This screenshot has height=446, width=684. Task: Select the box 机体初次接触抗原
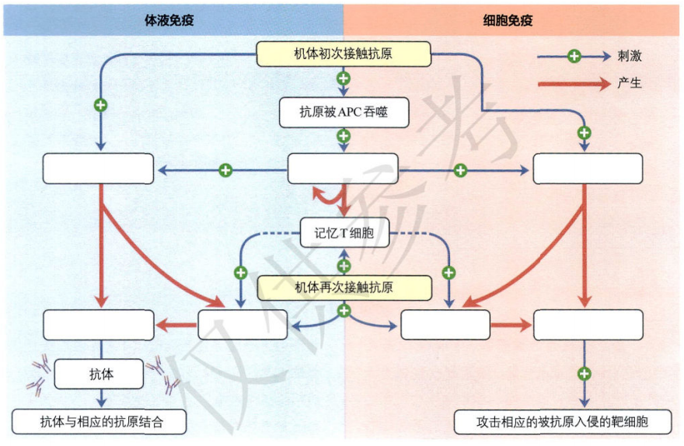click(343, 54)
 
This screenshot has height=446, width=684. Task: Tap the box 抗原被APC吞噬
click(343, 112)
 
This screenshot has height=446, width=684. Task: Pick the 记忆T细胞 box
click(343, 232)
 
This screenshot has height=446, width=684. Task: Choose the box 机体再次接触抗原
click(343, 287)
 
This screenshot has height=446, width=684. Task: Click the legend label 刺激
click(630, 57)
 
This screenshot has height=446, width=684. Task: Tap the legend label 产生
click(630, 83)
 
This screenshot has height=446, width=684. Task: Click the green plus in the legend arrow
click(574, 57)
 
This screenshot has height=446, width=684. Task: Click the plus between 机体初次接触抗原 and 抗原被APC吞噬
click(343, 78)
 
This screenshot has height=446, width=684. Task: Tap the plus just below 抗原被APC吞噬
click(343, 136)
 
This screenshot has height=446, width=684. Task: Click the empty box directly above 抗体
click(98, 324)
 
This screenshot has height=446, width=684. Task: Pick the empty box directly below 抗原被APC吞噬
click(343, 169)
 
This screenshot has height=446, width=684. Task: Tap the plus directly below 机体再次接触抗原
click(343, 311)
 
